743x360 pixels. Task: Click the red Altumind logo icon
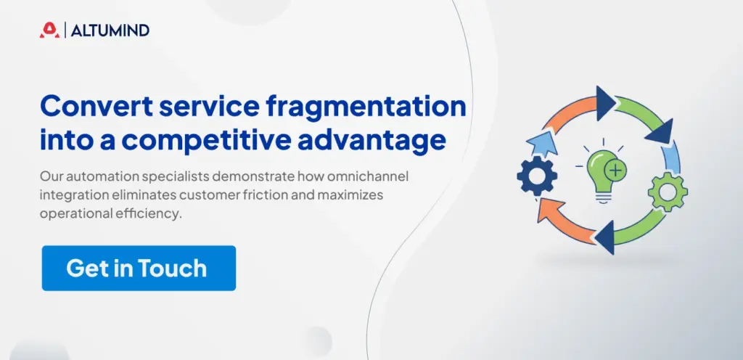(x=49, y=30)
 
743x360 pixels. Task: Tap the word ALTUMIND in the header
(x=111, y=30)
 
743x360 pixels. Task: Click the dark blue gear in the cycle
(x=536, y=174)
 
